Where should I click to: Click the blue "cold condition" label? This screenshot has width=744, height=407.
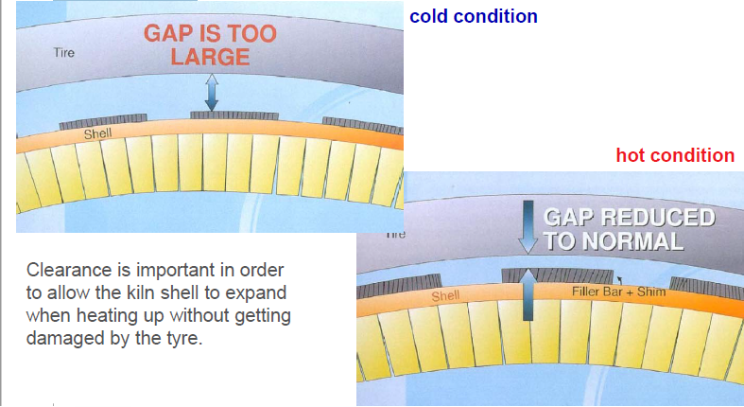point(473,16)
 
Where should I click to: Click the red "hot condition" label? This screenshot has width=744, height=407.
point(675,155)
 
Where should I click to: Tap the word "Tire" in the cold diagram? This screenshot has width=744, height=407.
point(64,52)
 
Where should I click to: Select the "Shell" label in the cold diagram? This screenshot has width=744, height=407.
point(97,133)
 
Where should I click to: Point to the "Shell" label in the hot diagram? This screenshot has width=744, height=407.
point(445,296)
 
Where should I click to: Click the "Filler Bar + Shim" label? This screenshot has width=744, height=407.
point(618,292)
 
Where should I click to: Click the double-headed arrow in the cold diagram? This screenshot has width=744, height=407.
point(212,93)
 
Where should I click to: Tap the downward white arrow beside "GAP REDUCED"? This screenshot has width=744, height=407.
point(528,227)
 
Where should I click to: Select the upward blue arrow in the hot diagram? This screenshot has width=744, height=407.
point(528,294)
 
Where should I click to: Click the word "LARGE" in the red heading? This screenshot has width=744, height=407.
point(210,57)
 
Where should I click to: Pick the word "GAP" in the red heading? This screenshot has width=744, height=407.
point(167,34)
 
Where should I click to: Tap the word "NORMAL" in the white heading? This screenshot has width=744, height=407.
point(632,240)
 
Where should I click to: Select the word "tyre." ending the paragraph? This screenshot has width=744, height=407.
point(184,338)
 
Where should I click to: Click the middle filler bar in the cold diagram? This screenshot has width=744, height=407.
point(234,115)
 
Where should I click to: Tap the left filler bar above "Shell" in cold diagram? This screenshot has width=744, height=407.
point(103,121)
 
